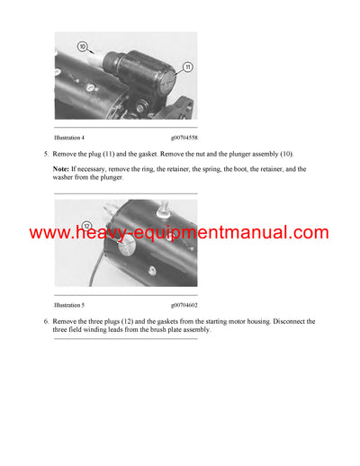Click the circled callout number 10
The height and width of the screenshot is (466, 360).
(85, 45)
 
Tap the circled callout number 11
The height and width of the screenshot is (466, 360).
(187, 67)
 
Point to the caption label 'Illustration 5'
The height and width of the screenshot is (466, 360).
(70, 306)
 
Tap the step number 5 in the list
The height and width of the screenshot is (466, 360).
(45, 154)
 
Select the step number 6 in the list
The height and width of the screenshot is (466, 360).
(45, 321)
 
